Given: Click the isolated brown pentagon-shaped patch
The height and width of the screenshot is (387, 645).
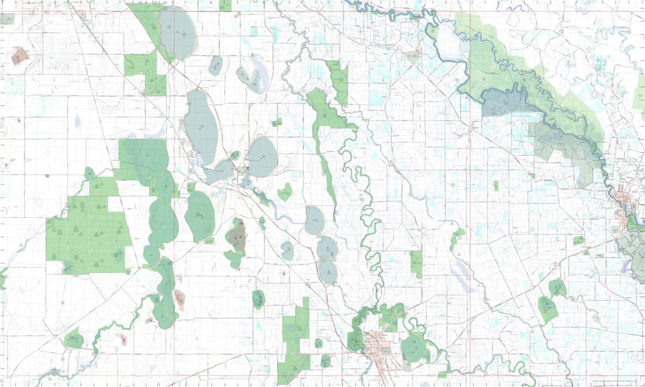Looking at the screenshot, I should point(19,55).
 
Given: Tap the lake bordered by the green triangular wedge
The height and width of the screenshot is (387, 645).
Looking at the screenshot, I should point(177,32).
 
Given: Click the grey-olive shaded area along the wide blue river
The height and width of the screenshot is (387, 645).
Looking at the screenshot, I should point(564,145).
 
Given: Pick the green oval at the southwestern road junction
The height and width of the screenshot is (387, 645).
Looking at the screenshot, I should point(74,340).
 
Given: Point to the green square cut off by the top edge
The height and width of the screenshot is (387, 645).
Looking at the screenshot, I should point(225,5).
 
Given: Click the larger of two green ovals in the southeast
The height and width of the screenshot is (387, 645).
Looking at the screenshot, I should point(547,308).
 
